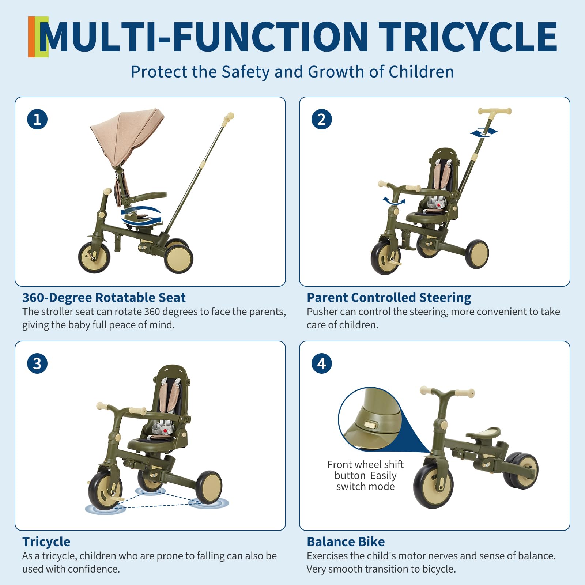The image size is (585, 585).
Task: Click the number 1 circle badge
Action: click(x=37, y=119)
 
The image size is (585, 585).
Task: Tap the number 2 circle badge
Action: click(x=322, y=119)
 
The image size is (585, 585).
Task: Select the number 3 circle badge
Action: click(x=37, y=363)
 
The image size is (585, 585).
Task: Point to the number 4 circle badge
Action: click(x=322, y=363)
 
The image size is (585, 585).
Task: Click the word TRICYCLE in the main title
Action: click(x=468, y=37)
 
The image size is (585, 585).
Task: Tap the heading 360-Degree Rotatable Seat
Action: click(x=104, y=298)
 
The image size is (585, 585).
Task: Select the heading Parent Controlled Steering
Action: click(x=389, y=298)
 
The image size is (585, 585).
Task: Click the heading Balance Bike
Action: click(x=346, y=541)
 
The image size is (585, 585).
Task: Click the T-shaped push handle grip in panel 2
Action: click(x=494, y=111)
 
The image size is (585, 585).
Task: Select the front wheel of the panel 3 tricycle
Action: click(x=105, y=490)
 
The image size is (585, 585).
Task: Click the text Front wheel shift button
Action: click(x=366, y=470)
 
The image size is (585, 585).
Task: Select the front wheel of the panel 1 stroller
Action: click(x=94, y=257)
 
